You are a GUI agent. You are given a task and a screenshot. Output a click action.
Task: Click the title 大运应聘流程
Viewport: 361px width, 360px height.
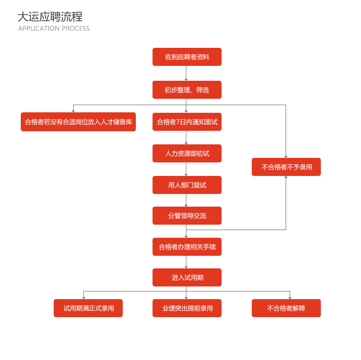coord(50,17)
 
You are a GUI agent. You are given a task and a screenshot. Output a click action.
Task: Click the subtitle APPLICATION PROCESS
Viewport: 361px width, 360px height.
coord(54,28)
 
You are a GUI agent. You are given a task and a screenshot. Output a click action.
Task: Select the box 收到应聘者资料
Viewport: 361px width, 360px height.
coord(187,57)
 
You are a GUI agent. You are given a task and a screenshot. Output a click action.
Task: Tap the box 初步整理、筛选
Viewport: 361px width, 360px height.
coord(187,90)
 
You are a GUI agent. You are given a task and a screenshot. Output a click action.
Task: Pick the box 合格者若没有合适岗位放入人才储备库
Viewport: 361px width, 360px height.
coord(78,122)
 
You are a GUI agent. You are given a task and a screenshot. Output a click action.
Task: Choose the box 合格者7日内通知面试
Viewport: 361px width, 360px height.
coord(187,122)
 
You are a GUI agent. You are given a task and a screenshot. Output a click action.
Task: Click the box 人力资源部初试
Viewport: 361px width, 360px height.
coord(187,153)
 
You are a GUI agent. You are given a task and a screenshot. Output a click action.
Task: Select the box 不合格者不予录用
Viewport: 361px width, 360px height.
coord(286,167)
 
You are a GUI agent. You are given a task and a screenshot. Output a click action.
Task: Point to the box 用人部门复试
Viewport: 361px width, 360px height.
coord(187,185)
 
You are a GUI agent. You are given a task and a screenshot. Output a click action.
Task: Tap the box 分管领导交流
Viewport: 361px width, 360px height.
coord(187,216)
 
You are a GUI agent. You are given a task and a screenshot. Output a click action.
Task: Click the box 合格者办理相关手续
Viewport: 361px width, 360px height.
coord(187,247)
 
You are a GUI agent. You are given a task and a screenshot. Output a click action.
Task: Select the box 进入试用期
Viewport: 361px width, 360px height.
coord(187,277)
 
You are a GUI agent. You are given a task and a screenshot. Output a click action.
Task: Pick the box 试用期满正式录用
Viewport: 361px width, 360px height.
coord(88,308)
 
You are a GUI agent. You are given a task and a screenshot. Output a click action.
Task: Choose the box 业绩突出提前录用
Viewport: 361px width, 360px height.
coord(187,308)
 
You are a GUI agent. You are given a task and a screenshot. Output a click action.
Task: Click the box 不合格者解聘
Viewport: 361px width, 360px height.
coord(286,308)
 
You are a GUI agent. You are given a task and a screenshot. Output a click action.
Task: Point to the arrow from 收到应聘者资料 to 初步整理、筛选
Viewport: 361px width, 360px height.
coord(186,73)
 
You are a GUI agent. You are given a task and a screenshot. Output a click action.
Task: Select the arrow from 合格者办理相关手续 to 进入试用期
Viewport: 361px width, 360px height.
coord(186,262)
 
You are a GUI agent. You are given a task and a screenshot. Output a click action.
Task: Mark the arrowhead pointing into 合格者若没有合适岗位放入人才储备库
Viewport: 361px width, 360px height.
coord(73,111)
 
